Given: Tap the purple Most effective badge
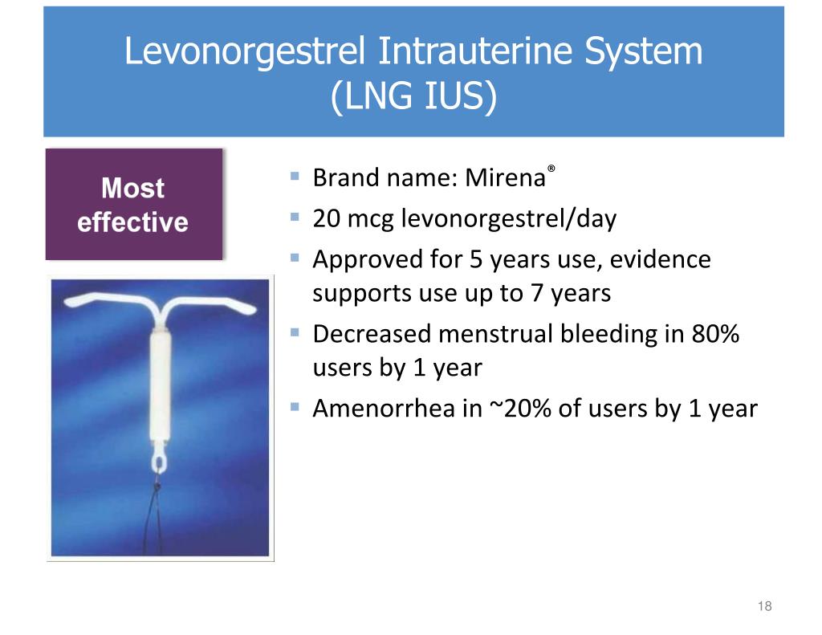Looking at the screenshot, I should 133,205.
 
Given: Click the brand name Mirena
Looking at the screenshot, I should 504,177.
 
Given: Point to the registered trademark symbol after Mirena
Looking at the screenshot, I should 551,169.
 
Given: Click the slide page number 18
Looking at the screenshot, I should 764,606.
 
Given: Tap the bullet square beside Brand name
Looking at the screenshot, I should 295,174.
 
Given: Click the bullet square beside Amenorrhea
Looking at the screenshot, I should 295,406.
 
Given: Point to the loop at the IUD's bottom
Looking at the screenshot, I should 157,462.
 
